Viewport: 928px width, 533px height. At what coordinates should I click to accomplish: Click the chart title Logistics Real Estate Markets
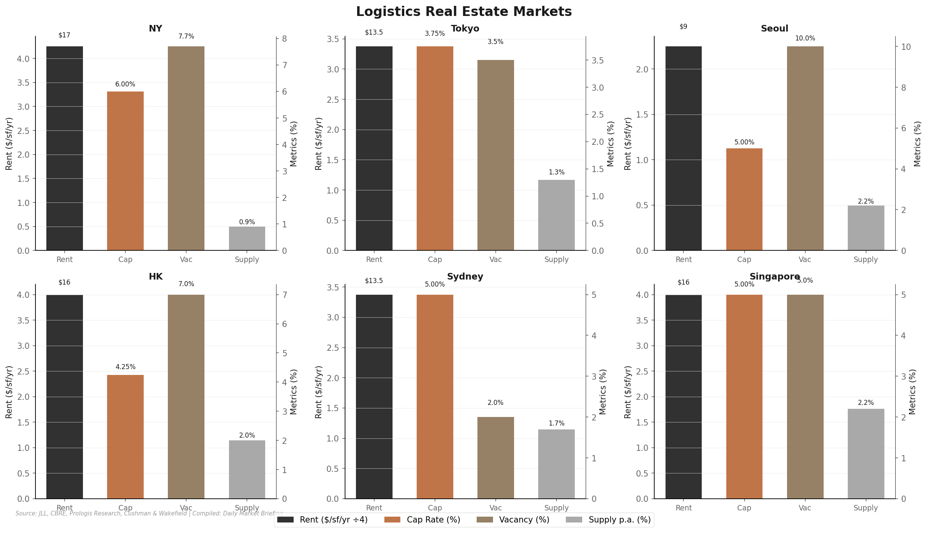point(464,12)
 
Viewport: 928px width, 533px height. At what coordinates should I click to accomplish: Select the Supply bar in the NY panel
point(247,238)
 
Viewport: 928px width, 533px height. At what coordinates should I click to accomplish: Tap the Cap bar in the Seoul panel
point(744,199)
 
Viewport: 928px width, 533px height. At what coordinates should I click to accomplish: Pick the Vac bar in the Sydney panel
point(495,458)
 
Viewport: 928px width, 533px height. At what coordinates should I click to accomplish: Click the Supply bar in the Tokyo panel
point(556,215)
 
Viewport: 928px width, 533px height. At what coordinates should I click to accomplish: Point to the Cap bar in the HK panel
point(125,436)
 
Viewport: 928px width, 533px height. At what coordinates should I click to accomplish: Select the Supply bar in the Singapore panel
point(866,454)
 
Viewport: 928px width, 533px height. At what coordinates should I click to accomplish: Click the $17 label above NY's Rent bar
point(64,35)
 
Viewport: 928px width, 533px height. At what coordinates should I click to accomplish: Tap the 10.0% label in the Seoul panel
point(805,39)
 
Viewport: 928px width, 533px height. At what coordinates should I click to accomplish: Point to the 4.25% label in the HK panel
point(125,367)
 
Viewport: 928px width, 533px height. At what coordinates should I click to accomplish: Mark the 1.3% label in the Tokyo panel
point(556,172)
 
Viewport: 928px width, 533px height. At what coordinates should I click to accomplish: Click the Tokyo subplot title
point(465,29)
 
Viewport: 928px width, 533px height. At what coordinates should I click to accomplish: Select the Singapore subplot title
point(775,277)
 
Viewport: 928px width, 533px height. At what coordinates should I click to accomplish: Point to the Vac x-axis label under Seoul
point(805,260)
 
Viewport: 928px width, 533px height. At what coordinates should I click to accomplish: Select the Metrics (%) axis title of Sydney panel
point(603,392)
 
